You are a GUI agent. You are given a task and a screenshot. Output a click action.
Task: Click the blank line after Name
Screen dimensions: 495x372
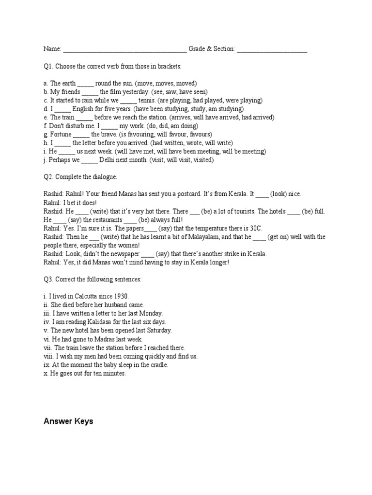[124, 50]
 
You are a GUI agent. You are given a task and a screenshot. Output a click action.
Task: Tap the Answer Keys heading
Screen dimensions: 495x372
[68, 422]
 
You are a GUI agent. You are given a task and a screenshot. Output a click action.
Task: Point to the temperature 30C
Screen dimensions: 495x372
[256, 228]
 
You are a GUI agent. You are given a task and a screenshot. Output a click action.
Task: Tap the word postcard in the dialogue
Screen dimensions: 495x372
[221, 194]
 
